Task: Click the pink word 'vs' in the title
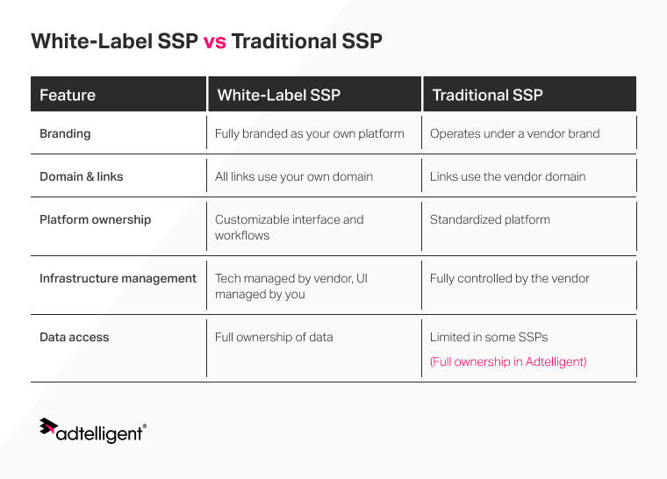click(x=214, y=41)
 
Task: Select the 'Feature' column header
click(x=68, y=95)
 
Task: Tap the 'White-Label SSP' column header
click(x=278, y=95)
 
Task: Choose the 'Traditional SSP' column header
click(x=487, y=95)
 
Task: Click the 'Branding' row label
click(x=65, y=134)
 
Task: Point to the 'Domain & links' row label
click(x=81, y=176)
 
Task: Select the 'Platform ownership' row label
click(x=95, y=219)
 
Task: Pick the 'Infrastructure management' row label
click(x=118, y=278)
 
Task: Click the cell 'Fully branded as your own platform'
click(x=309, y=134)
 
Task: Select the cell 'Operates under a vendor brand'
click(x=514, y=134)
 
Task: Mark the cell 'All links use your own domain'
click(x=293, y=176)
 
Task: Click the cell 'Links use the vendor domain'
click(x=507, y=176)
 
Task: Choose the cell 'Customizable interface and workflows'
click(x=289, y=227)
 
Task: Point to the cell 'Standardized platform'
click(x=490, y=219)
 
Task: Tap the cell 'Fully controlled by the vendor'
click(x=509, y=278)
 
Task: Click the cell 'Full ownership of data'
click(x=274, y=337)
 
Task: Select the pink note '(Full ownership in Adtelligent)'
click(x=508, y=361)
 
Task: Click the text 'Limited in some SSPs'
click(x=489, y=337)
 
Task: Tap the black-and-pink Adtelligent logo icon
click(x=48, y=427)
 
